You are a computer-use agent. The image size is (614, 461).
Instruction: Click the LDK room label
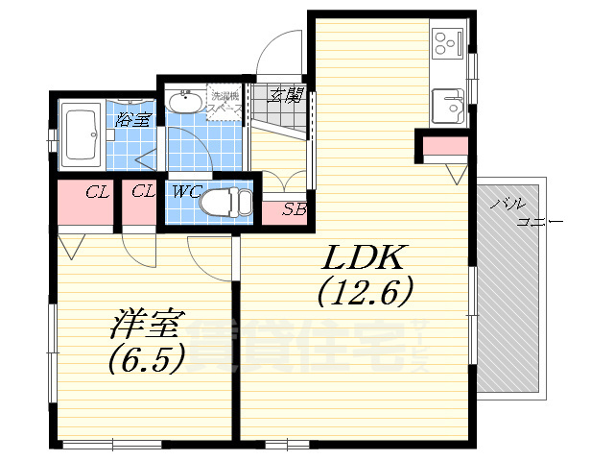pyautogui.click(x=365, y=257)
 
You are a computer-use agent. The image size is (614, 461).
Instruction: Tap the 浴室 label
pyautogui.click(x=132, y=120)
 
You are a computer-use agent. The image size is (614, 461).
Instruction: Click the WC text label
pyautogui.click(x=186, y=191)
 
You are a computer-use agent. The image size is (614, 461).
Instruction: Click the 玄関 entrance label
pyautogui.click(x=285, y=94)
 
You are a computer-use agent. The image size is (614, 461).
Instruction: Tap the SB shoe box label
pyautogui.click(x=295, y=209)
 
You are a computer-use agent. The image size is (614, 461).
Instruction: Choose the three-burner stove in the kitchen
pyautogui.click(x=447, y=41)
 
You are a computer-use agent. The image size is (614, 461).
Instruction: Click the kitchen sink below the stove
pyautogui.click(x=447, y=104)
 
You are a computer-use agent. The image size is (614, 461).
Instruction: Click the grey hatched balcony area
pyautogui.click(x=513, y=307)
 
